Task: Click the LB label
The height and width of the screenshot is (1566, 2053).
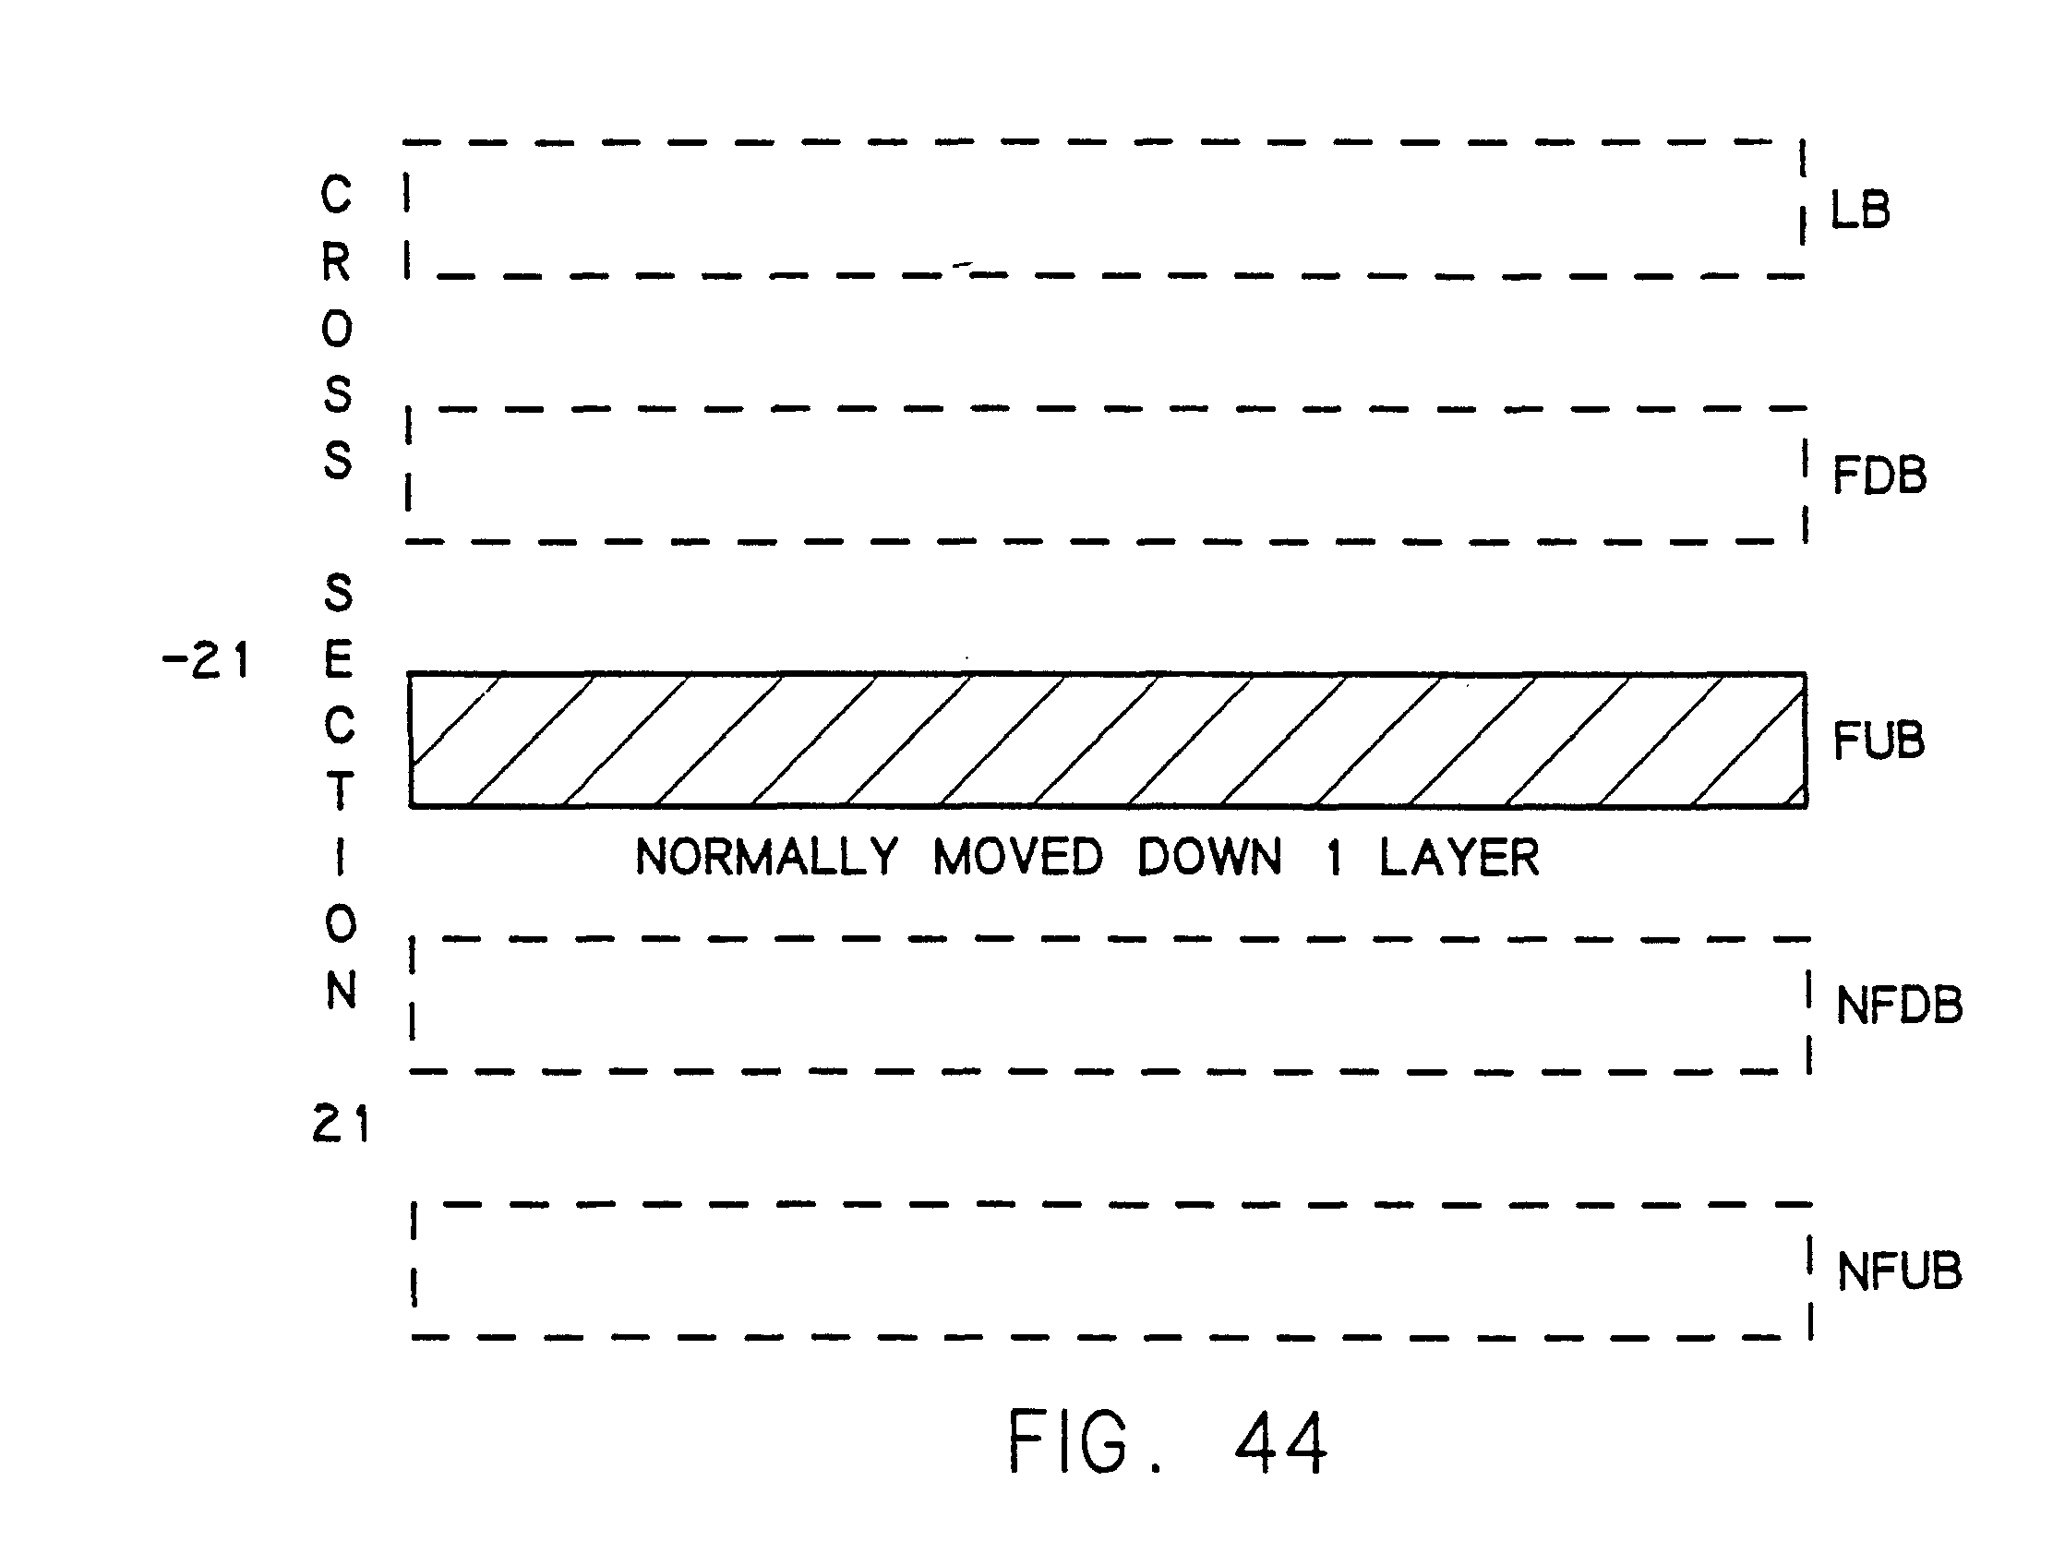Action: click(x=1860, y=211)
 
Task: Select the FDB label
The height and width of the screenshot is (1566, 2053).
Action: click(x=1879, y=476)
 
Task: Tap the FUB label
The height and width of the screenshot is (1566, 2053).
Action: click(x=1878, y=741)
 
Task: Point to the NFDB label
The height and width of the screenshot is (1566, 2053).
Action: click(x=1898, y=1006)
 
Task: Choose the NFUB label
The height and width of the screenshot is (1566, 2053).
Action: click(x=1898, y=1271)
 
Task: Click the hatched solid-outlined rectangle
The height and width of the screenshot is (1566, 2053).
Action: click(x=1107, y=740)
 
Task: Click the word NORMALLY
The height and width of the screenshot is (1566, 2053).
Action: click(x=766, y=857)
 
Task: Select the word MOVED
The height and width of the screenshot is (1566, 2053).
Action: click(x=1017, y=857)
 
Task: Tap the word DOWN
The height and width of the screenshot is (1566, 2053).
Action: click(x=1208, y=857)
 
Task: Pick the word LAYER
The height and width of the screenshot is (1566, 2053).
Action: click(x=1459, y=857)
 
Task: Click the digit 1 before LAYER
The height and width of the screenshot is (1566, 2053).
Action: click(x=1335, y=858)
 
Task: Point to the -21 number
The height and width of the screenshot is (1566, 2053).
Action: click(x=206, y=660)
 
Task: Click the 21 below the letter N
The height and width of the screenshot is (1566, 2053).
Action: click(x=340, y=1123)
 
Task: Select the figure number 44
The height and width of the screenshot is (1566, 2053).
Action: click(x=1280, y=1442)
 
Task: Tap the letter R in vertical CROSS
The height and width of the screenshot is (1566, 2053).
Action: click(x=336, y=262)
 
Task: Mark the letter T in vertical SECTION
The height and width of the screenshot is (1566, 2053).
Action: click(x=339, y=790)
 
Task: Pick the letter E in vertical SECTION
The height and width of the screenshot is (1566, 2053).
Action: click(x=338, y=660)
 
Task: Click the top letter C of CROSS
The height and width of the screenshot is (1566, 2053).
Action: click(x=336, y=195)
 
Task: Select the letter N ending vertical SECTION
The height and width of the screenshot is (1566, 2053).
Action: click(x=341, y=991)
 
